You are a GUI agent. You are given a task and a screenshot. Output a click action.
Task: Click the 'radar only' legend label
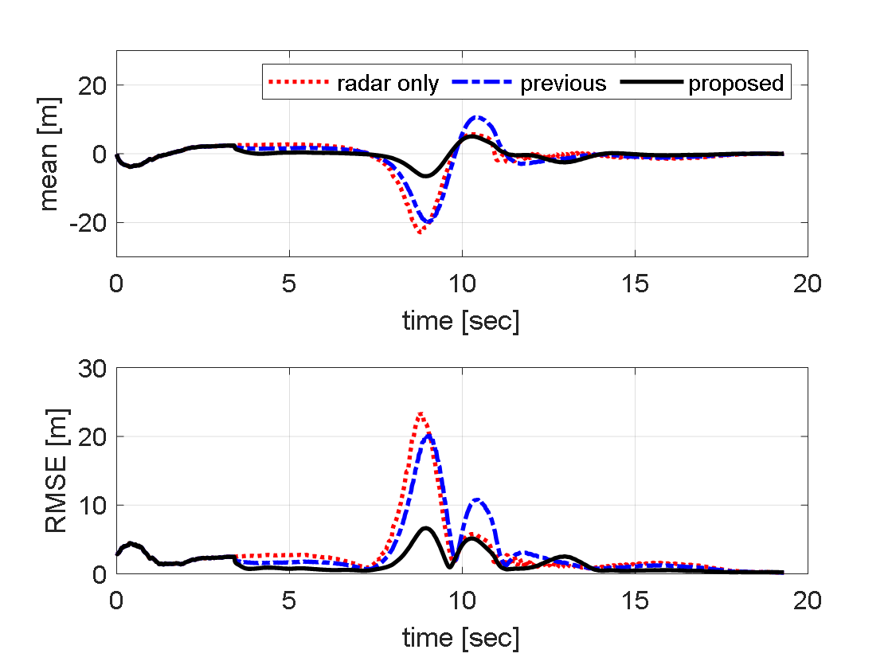point(387,84)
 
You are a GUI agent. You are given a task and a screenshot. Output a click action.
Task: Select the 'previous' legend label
point(563,84)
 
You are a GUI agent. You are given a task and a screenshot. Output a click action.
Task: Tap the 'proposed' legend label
point(736,84)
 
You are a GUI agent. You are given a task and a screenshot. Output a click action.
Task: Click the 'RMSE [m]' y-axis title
point(57,471)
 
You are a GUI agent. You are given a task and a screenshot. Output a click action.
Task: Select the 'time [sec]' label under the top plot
point(461,321)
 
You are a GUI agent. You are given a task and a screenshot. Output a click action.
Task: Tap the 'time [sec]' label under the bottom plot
point(461,637)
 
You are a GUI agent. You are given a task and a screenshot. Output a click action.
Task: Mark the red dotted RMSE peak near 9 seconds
point(421,413)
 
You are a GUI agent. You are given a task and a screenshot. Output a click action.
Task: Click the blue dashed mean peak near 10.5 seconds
point(477,117)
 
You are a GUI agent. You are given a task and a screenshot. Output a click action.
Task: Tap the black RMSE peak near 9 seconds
point(426,527)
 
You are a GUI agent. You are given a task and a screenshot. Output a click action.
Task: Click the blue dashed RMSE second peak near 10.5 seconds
point(477,499)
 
